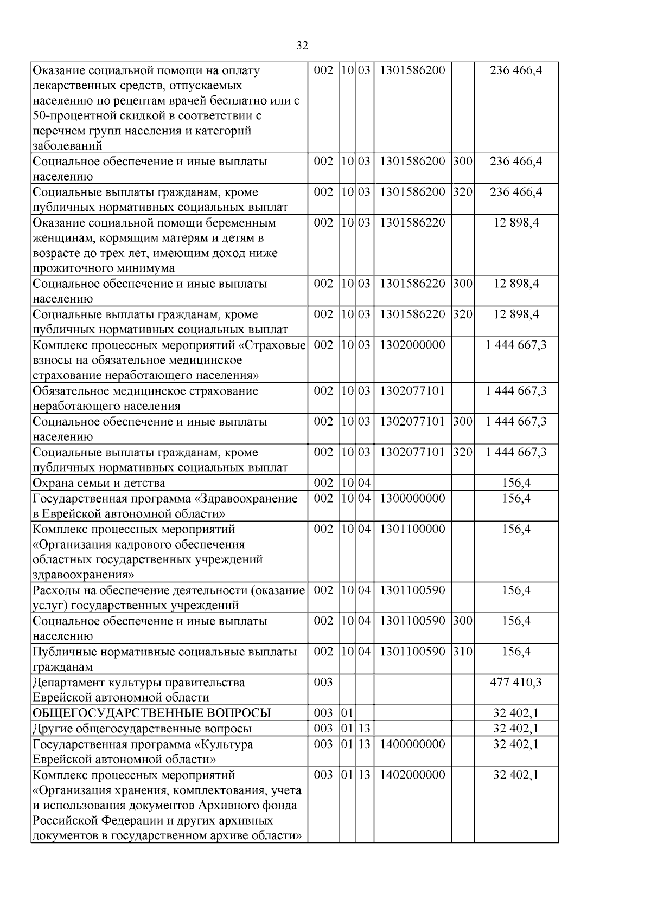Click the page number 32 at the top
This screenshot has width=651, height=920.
coord(302,46)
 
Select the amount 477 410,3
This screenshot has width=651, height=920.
coord(515,682)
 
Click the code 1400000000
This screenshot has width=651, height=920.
coord(412,744)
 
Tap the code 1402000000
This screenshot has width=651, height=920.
coord(412,775)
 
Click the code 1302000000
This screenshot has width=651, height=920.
coord(412,345)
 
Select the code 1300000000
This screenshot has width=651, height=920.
coord(412,498)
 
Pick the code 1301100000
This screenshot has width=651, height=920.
coord(412,529)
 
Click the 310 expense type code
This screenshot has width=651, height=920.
coord(462,652)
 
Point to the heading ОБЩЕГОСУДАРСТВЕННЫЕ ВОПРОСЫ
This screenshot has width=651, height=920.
coord(152,713)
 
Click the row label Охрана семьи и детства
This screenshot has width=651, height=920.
coord(99,483)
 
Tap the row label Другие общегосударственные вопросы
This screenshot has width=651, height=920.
coord(142,729)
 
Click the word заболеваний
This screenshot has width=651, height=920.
coord(67,146)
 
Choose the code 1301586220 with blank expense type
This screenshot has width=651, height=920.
coord(412,223)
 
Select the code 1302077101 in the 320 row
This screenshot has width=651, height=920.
coord(412,452)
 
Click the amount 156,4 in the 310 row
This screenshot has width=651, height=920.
coord(515,652)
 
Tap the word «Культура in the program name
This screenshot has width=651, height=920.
coord(224,744)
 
